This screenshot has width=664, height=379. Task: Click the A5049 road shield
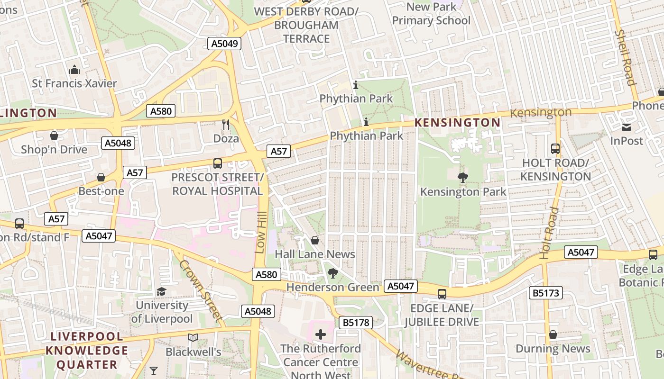[224, 44]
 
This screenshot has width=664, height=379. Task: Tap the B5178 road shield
[356, 323]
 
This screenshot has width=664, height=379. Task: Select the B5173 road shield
[546, 293]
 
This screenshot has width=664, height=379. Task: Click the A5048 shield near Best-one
[118, 143]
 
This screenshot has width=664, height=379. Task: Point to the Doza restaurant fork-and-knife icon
[226, 124]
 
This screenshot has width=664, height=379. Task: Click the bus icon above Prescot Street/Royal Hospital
[218, 163]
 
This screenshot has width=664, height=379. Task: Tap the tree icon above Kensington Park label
[463, 178]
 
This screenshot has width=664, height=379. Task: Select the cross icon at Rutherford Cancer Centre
[321, 334]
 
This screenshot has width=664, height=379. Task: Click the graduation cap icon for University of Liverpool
[162, 291]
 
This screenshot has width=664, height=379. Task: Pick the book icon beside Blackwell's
[193, 338]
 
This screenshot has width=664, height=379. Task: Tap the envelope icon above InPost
[627, 127]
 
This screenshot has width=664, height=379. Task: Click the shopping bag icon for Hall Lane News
[314, 241]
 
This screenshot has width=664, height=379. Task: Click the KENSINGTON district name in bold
[457, 123]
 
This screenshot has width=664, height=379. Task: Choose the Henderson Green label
[332, 287]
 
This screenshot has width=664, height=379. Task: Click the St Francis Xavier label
[74, 83]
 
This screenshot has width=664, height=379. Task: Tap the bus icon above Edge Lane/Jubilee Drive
[442, 294]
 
